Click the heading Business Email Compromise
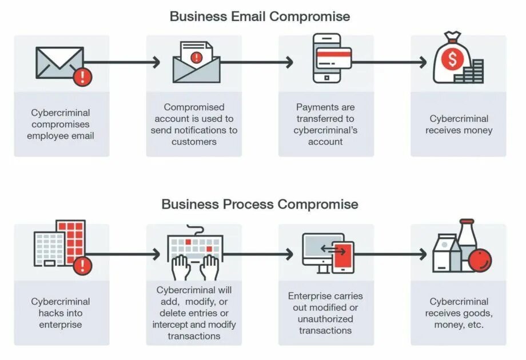tap(260, 16)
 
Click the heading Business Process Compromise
tap(260, 204)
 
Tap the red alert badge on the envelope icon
tap(83, 77)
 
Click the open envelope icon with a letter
tap(196, 63)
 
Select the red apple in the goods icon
tap(480, 261)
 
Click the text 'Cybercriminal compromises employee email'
tap(61, 124)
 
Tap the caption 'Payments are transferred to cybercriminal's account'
tap(325, 124)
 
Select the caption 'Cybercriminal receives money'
tap(459, 124)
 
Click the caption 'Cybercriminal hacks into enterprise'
tap(61, 313)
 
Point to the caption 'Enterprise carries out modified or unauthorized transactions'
tap(325, 313)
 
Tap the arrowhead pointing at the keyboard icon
tap(157, 254)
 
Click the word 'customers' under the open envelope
tap(194, 142)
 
